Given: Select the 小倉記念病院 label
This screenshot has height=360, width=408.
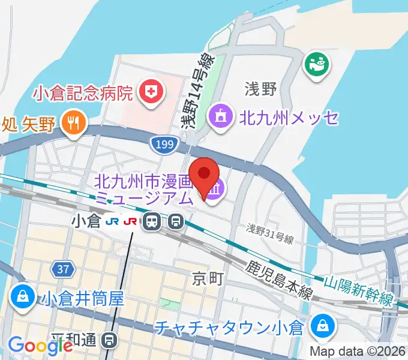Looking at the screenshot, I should pyautogui.click(x=83, y=94).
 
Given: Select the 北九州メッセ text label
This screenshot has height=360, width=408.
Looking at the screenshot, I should pyautogui.click(x=289, y=118).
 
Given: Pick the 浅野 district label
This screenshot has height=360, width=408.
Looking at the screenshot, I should pyautogui.click(x=260, y=90).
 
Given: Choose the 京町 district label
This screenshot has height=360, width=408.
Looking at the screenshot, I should pyautogui.click(x=208, y=278).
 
